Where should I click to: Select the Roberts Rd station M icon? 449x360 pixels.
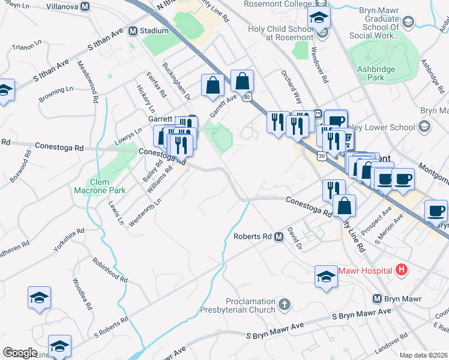tap(279, 237)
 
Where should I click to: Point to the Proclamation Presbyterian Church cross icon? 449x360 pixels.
tap(285, 305)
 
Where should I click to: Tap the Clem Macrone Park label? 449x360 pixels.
tap(99, 186)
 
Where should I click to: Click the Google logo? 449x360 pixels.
tap(20, 353)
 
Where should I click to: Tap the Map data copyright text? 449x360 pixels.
tap(423, 355)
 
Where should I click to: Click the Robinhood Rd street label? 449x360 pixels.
tap(110, 271)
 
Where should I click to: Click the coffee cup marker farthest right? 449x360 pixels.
tap(437, 211)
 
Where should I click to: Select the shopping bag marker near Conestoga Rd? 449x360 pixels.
tap(344, 205)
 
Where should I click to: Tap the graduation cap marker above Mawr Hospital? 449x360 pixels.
tap(326, 276)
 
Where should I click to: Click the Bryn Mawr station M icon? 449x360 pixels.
tap(378, 299)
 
